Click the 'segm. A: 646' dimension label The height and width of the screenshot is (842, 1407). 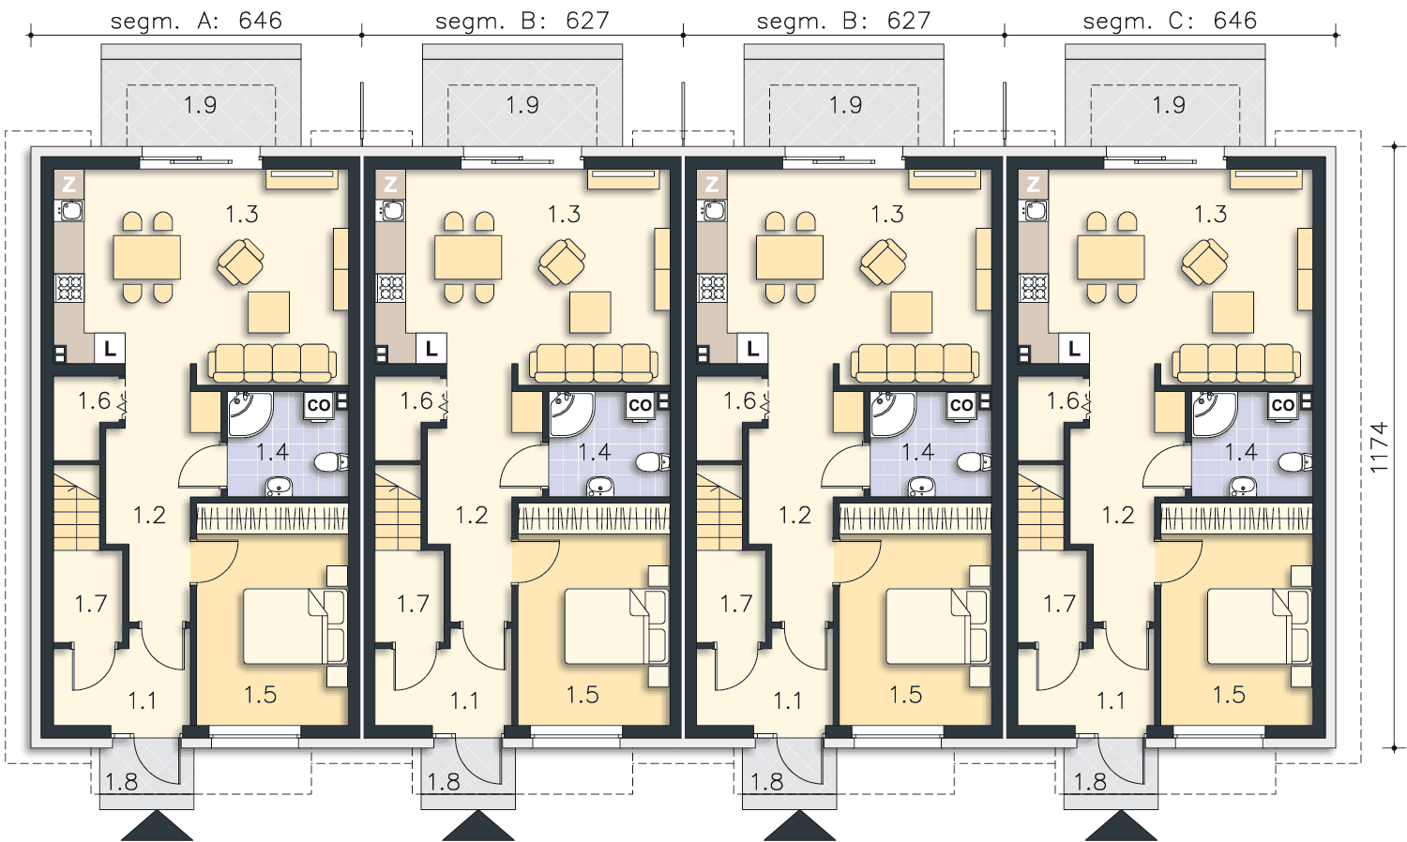(196, 21)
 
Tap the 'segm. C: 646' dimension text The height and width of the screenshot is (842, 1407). (1170, 21)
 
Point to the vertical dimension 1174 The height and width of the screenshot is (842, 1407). (1378, 447)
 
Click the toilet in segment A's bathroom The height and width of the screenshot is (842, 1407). (330, 463)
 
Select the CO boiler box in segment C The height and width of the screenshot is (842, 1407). (1283, 405)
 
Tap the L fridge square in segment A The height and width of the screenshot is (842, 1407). (110, 349)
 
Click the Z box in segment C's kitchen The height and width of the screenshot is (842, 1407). (1033, 185)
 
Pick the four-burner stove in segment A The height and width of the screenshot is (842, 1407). (69, 288)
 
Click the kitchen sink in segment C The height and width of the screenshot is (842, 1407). (1034, 210)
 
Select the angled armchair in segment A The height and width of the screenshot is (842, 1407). (240, 262)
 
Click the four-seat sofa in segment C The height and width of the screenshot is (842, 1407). (1236, 363)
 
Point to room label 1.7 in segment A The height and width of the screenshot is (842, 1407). (90, 604)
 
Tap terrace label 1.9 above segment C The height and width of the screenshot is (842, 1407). (1169, 105)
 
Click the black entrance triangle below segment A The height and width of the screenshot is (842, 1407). (157, 826)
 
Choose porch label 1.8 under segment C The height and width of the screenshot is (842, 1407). (1090, 782)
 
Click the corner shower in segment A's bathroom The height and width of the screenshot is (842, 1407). (249, 413)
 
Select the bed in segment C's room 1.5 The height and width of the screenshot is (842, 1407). (1259, 626)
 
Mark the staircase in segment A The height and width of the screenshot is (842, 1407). (76, 512)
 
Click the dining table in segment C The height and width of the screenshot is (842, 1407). (1111, 257)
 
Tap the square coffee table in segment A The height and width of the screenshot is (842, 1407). (269, 312)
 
